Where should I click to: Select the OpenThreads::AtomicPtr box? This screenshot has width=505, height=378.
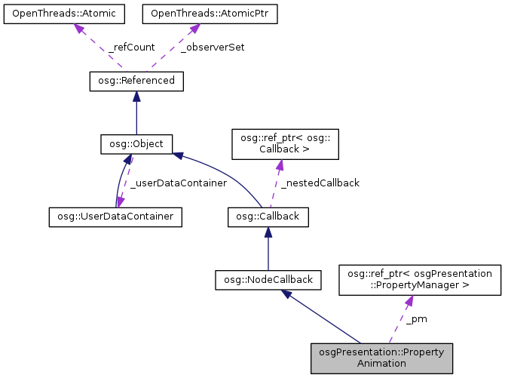tap(194, 14)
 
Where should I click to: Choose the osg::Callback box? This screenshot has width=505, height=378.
tap(268, 217)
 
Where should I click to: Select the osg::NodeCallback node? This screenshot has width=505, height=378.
tap(268, 279)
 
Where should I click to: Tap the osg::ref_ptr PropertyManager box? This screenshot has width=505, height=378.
tap(419, 279)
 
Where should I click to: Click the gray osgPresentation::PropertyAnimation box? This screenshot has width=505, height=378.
tap(381, 358)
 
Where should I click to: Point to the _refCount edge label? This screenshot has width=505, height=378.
tap(133, 47)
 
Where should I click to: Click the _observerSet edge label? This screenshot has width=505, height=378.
tap(213, 47)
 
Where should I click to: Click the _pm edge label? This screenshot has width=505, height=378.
tap(416, 318)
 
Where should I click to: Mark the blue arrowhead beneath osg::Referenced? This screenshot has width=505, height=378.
tap(136, 96)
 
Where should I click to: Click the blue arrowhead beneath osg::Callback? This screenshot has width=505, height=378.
tap(268, 232)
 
